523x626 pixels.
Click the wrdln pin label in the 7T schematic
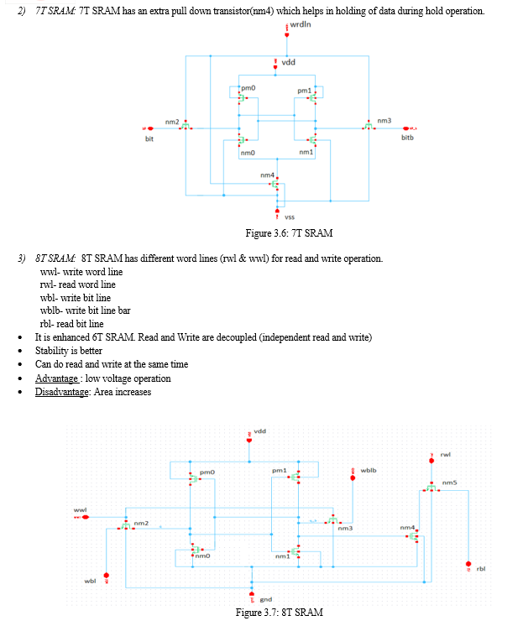[301, 24]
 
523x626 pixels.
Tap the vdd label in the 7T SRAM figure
[288, 62]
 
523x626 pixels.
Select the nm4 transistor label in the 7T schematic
[267, 175]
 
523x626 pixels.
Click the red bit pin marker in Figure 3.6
[149, 128]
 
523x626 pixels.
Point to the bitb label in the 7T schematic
[407, 138]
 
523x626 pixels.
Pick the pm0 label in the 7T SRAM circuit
[248, 88]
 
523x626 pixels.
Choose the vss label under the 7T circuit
[290, 217]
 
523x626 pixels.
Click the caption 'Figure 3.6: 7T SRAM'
[289, 233]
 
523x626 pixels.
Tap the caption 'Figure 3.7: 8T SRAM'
[280, 613]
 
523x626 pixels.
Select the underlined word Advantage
[56, 378]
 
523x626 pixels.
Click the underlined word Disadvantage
[61, 392]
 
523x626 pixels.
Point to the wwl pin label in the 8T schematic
[80, 510]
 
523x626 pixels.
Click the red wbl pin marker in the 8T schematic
[107, 576]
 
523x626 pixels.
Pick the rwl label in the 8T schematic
[446, 455]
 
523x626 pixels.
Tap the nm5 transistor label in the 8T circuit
[449, 483]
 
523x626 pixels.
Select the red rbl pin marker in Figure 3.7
[468, 564]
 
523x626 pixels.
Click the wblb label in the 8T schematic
[369, 470]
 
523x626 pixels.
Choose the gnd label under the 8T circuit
[265, 600]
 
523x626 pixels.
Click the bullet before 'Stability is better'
[20, 352]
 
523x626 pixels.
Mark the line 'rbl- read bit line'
[72, 324]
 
